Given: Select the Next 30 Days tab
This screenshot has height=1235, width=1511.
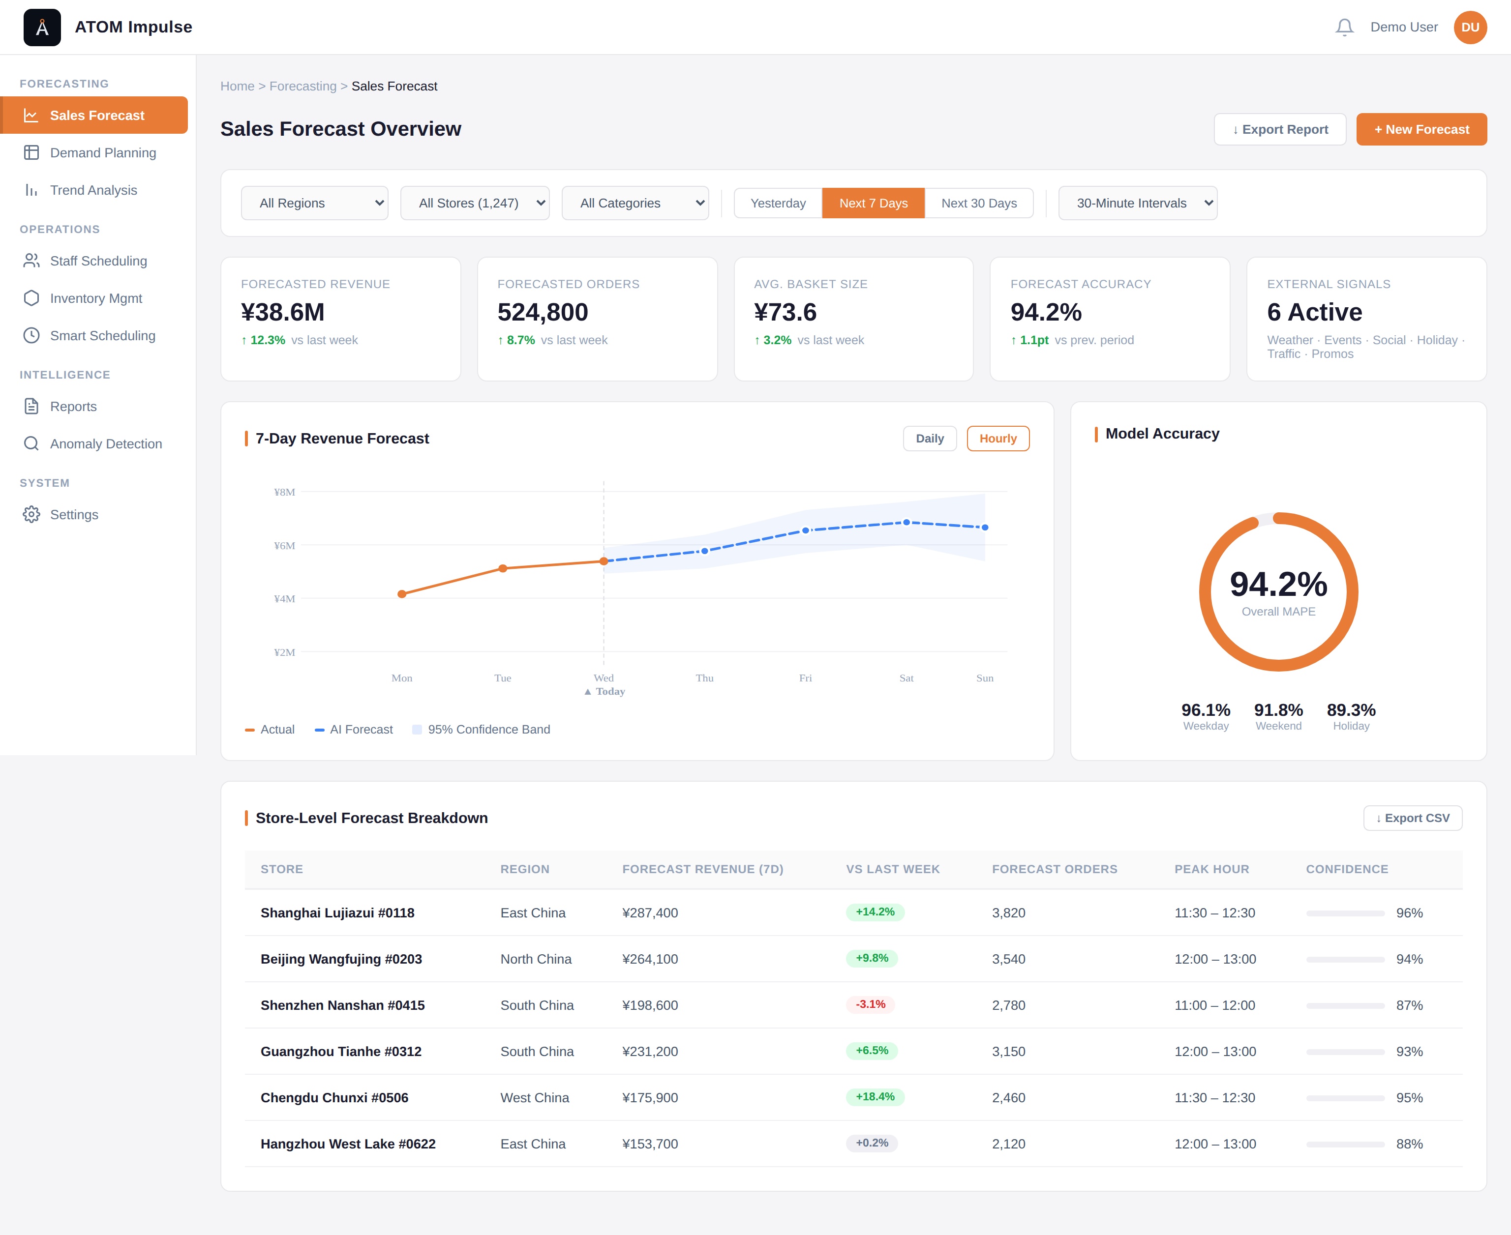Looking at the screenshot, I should (979, 204).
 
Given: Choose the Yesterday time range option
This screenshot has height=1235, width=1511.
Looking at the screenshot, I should (778, 204).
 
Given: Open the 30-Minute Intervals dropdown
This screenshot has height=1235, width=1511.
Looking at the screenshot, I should (1137, 204).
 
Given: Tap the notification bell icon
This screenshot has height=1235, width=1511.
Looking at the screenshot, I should (1344, 27).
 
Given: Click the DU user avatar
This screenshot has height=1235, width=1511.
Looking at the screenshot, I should (1470, 27).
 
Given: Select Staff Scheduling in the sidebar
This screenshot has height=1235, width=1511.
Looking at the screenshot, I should (98, 261).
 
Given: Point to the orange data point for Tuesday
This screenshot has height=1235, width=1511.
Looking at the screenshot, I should (503, 568).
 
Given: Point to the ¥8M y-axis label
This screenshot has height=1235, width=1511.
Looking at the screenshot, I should (285, 492).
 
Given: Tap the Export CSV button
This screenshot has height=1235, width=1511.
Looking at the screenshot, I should (1412, 818).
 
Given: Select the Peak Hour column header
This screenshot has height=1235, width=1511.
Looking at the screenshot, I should (1211, 869).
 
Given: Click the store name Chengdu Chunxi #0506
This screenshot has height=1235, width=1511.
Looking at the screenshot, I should (334, 1098).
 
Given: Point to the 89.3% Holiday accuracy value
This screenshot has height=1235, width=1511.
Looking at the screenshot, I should (1351, 710).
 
